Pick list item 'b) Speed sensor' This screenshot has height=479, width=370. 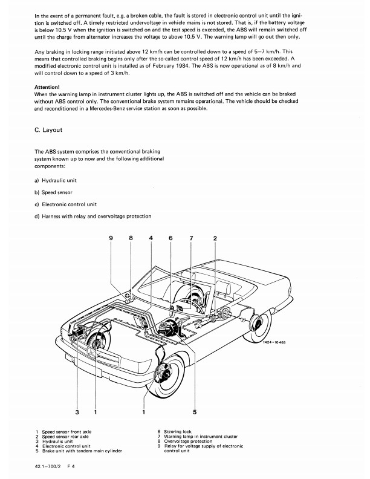(55, 192)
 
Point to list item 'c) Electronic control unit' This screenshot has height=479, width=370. (66, 204)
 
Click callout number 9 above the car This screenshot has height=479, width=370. (111, 238)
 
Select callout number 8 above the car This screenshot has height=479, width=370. (131, 238)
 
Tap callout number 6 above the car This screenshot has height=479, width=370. (170, 238)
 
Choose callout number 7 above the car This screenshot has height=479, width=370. (191, 238)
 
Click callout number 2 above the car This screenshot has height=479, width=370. (215, 238)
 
